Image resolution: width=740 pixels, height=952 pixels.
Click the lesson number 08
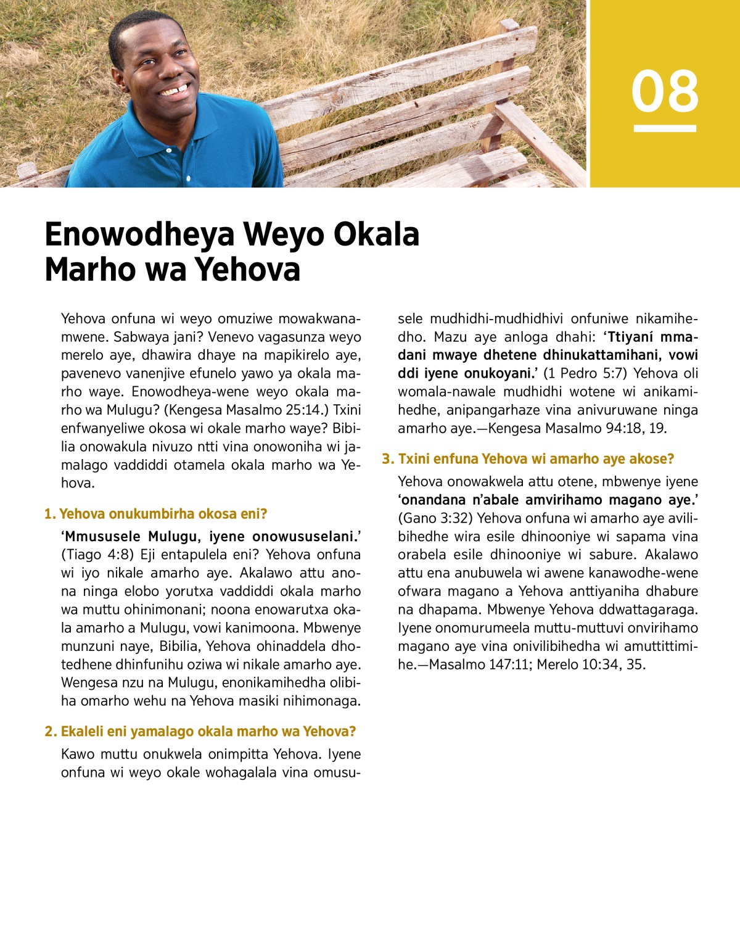(664, 91)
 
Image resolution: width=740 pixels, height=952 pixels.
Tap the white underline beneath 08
(664, 128)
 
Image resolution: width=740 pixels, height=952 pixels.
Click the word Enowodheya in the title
(140, 234)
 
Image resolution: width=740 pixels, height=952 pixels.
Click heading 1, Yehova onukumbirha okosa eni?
(155, 514)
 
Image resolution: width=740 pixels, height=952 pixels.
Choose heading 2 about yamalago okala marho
(200, 732)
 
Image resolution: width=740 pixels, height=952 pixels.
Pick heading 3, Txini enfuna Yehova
(528, 459)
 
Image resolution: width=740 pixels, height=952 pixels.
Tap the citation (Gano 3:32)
(435, 518)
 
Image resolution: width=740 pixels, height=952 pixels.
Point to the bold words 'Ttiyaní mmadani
(650, 337)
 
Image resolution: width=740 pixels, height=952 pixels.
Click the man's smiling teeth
(175, 91)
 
